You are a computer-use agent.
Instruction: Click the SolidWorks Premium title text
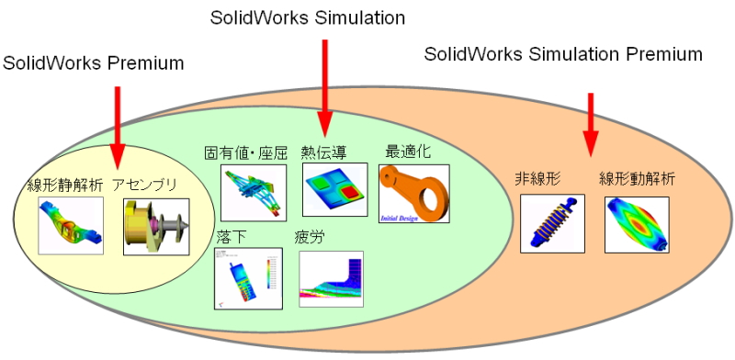click(93, 63)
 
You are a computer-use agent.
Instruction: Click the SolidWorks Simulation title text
click(307, 17)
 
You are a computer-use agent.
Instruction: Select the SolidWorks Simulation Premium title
click(563, 54)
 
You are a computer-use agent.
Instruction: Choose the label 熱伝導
click(326, 152)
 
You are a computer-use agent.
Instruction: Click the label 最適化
click(408, 150)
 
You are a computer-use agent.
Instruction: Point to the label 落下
click(230, 236)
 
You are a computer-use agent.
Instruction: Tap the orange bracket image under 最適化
click(413, 193)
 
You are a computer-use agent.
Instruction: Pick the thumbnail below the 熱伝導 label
click(334, 190)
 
